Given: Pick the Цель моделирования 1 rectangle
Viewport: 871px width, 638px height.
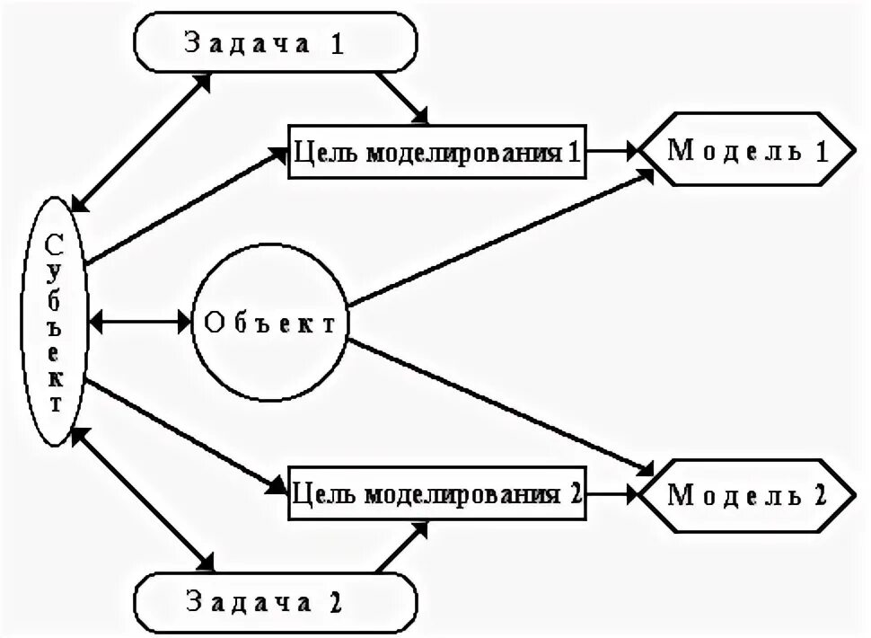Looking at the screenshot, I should (x=436, y=151).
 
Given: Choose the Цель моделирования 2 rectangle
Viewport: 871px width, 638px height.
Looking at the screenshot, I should (x=436, y=493).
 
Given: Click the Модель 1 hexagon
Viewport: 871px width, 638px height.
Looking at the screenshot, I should (x=747, y=150).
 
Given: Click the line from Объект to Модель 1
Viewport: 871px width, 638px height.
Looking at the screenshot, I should (x=498, y=239).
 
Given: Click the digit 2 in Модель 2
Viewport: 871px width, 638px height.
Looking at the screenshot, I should (x=817, y=494).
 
